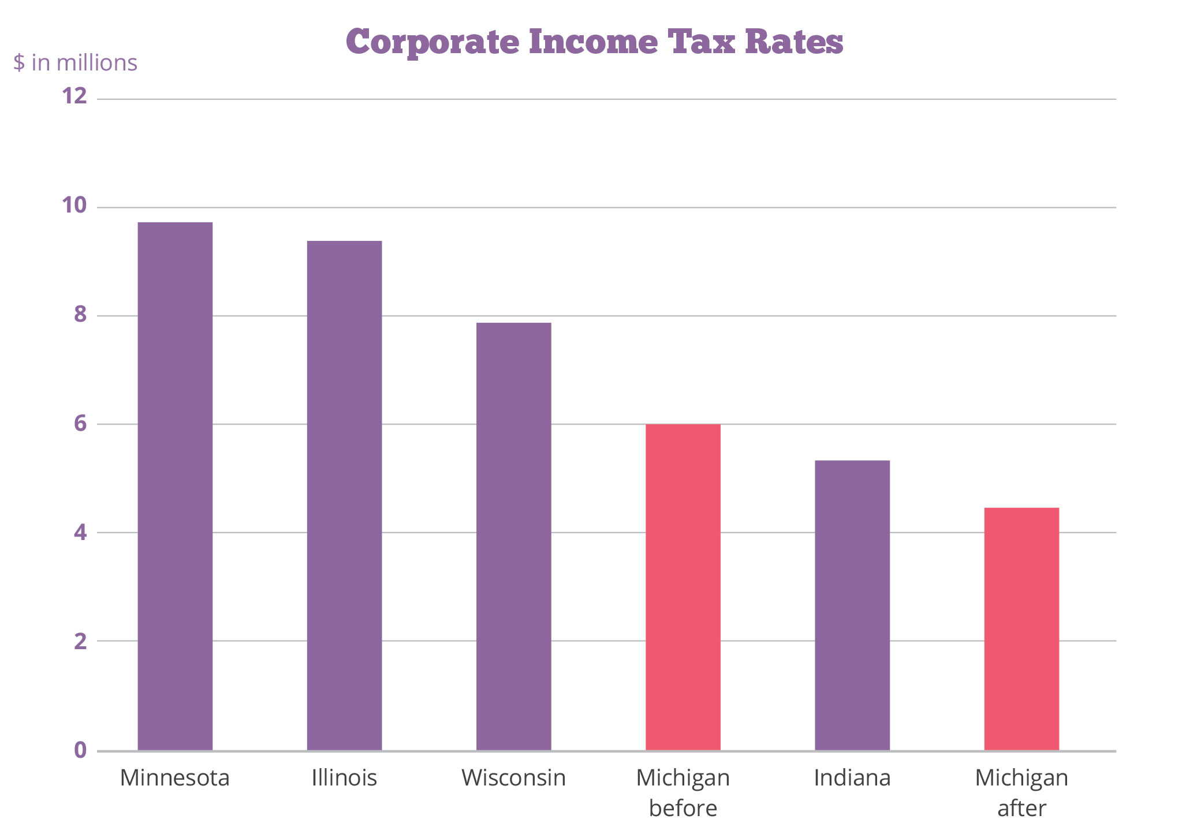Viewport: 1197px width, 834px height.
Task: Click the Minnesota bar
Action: (x=175, y=486)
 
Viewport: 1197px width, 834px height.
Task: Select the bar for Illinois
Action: (x=344, y=496)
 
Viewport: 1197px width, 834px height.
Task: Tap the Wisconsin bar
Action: (x=513, y=537)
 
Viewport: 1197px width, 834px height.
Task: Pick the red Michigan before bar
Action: (x=683, y=587)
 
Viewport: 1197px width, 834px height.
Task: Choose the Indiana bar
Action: (x=852, y=605)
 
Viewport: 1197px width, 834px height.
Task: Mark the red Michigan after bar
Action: (x=1021, y=629)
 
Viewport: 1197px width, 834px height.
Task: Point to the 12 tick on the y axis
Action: (x=74, y=96)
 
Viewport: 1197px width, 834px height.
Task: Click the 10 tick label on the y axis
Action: (x=74, y=205)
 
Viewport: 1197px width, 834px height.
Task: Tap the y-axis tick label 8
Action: (x=80, y=314)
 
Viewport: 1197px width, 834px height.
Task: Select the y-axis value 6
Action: (x=80, y=423)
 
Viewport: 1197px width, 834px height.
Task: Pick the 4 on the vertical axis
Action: (x=80, y=532)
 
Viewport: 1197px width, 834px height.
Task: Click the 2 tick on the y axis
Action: (x=80, y=641)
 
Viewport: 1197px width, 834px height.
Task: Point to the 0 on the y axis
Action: (x=80, y=750)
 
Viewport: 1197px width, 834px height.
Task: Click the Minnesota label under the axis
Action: (x=175, y=778)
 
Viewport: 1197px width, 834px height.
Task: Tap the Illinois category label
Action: (x=344, y=778)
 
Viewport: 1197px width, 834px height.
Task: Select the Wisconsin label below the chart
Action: (x=513, y=778)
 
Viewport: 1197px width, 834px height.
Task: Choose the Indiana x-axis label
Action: (x=852, y=778)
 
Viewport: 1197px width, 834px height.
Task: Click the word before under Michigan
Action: (x=683, y=808)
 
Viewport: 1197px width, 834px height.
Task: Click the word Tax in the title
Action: (x=701, y=42)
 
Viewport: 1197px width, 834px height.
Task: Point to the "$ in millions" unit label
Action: (x=76, y=63)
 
